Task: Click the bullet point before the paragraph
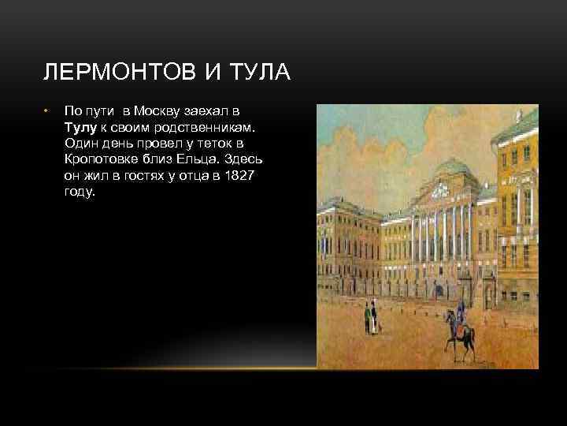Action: point(47,111)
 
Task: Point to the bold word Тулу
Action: point(82,126)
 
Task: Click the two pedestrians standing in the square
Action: point(369,319)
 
